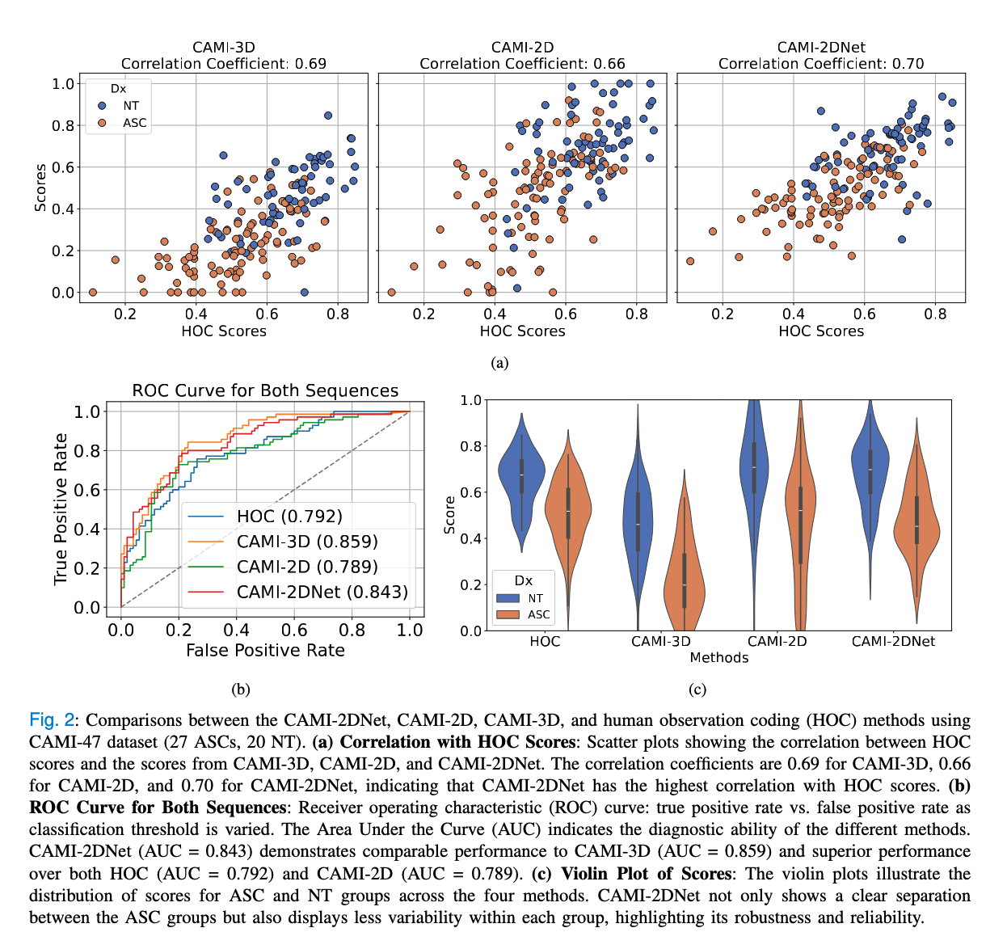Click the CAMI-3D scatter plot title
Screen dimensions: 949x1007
click(223, 48)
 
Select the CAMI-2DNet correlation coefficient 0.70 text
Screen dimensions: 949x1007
click(820, 64)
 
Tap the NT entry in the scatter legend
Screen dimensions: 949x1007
click(130, 106)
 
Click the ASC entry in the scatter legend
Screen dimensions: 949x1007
click(134, 123)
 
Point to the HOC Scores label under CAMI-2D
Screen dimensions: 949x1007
click(522, 331)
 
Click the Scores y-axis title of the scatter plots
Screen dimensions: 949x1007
click(40, 188)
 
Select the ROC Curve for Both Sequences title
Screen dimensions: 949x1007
click(265, 390)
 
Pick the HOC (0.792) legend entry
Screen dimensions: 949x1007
click(289, 517)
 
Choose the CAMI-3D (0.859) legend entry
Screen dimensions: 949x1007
click(307, 542)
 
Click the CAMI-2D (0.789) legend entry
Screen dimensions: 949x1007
click(307, 567)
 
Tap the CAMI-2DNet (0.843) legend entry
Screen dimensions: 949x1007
click(322, 592)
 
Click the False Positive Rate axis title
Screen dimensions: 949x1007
click(265, 651)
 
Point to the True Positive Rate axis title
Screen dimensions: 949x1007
click(61, 509)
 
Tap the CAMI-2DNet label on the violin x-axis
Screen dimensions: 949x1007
click(893, 641)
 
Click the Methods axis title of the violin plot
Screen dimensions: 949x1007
click(718, 658)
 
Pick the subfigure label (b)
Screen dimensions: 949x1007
click(240, 690)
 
